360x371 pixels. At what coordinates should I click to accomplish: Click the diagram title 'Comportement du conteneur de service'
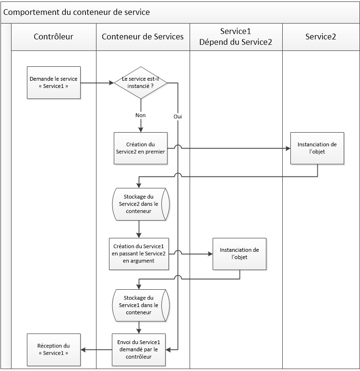pyautogui.click(x=77, y=12)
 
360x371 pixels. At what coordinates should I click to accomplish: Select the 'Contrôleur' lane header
pyautogui.click(x=53, y=37)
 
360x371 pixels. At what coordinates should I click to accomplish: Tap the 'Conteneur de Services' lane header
pyautogui.click(x=143, y=37)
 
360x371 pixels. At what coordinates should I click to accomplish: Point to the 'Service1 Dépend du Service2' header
pyautogui.click(x=236, y=37)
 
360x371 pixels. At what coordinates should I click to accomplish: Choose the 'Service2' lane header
pyautogui.click(x=321, y=37)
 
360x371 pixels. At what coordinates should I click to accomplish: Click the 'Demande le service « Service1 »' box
pyautogui.click(x=53, y=83)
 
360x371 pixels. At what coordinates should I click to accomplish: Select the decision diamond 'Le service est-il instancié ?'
pyautogui.click(x=141, y=83)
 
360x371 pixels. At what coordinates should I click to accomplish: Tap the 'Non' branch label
pyautogui.click(x=141, y=115)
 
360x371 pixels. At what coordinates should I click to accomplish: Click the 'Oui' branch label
pyautogui.click(x=178, y=117)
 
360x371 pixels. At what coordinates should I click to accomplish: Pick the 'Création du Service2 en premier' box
pyautogui.click(x=141, y=148)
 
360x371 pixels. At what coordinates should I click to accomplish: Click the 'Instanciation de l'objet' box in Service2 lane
pyautogui.click(x=317, y=148)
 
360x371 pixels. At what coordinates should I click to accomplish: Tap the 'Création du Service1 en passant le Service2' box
pyautogui.click(x=139, y=253)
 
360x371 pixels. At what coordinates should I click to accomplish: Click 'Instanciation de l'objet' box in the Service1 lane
pyautogui.click(x=239, y=253)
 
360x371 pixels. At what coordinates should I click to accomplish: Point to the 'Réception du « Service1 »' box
pyautogui.click(x=53, y=349)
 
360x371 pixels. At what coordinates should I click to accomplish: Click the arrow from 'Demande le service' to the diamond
pyautogui.click(x=97, y=83)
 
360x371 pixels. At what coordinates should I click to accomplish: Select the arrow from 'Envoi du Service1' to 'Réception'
pyautogui.click(x=96, y=349)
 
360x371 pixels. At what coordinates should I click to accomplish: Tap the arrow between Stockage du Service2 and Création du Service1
pyautogui.click(x=139, y=229)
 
